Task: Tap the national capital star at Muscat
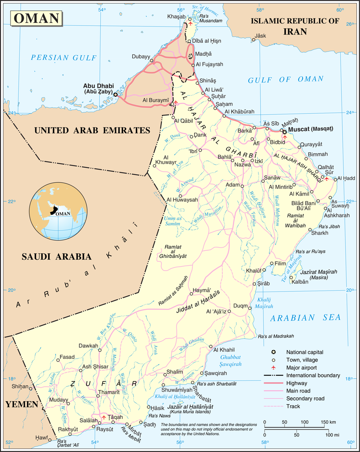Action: (285, 132)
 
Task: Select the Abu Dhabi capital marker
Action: (116, 94)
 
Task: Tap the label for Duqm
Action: (240, 305)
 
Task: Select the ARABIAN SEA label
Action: (305, 318)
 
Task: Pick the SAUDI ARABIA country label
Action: (56, 256)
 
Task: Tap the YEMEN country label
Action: (21, 404)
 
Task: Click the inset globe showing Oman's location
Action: (57, 212)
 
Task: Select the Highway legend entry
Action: (296, 383)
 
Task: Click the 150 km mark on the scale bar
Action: (326, 422)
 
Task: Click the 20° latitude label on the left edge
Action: (11, 290)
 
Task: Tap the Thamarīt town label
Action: (108, 392)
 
